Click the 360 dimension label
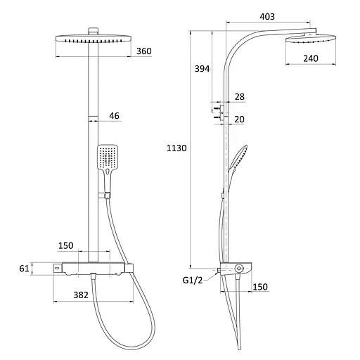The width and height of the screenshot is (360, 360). pyautogui.click(x=144, y=51)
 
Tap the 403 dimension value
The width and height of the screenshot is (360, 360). pyautogui.click(x=267, y=16)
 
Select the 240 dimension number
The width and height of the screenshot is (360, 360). pyautogui.click(x=311, y=58)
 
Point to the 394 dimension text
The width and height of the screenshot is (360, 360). pyautogui.click(x=202, y=69)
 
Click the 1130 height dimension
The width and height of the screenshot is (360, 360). pyautogui.click(x=176, y=148)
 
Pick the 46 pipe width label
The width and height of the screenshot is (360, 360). pyautogui.click(x=114, y=115)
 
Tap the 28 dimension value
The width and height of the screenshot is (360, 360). pyautogui.click(x=240, y=96)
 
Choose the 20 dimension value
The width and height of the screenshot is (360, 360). pyautogui.click(x=239, y=120)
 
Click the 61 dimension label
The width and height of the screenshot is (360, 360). pyautogui.click(x=24, y=269)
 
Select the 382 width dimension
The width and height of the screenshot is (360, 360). pyautogui.click(x=81, y=295)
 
